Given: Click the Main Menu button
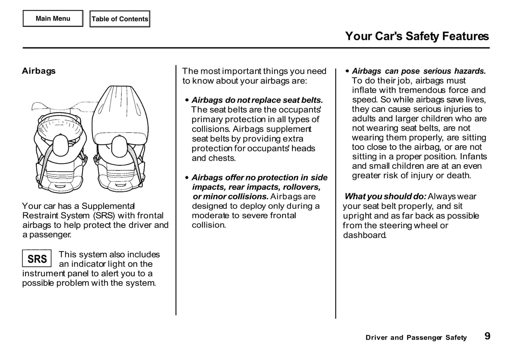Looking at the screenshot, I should pos(53,19).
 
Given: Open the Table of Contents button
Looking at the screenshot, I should pos(120,19).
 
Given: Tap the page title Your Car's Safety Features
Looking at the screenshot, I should pos(417,36).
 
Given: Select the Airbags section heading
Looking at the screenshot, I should pos(39,71).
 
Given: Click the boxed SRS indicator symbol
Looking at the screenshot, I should pos(37,259).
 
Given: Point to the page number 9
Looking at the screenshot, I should pos(487,336).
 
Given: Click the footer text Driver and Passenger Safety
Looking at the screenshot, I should pos(416,338).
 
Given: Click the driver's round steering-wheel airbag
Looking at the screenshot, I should pos(60,128).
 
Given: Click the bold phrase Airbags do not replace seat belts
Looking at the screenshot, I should pos(257,100).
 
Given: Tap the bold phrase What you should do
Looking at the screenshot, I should pos(385,196).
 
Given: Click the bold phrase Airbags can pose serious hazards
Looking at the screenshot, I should pos(419,71).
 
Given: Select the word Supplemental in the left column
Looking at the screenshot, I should pos(108,206).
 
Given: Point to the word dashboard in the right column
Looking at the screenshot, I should pos(364,235).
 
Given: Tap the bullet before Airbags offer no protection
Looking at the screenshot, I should pos(187,178).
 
